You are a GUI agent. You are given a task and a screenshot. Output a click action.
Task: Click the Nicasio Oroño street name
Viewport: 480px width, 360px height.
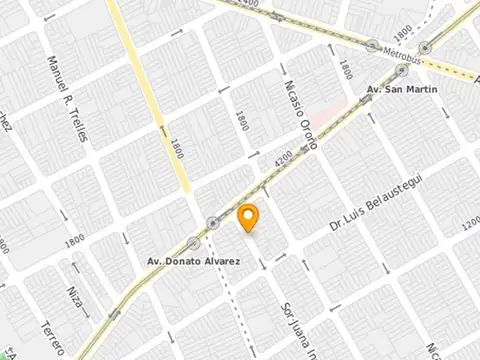(301, 114)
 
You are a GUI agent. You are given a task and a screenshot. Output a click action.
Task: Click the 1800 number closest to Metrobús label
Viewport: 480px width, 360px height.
(345, 70)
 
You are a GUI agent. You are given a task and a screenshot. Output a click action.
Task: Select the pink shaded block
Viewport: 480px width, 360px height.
(333, 115)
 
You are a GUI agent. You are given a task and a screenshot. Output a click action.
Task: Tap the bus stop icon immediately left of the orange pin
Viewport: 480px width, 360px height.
(212, 222)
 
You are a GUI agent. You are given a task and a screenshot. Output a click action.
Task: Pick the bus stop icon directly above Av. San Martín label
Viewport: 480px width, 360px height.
(402, 71)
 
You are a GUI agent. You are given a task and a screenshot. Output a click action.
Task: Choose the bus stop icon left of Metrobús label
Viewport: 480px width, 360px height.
(372, 45)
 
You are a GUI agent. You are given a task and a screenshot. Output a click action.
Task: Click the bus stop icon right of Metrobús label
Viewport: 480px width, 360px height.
(425, 47)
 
